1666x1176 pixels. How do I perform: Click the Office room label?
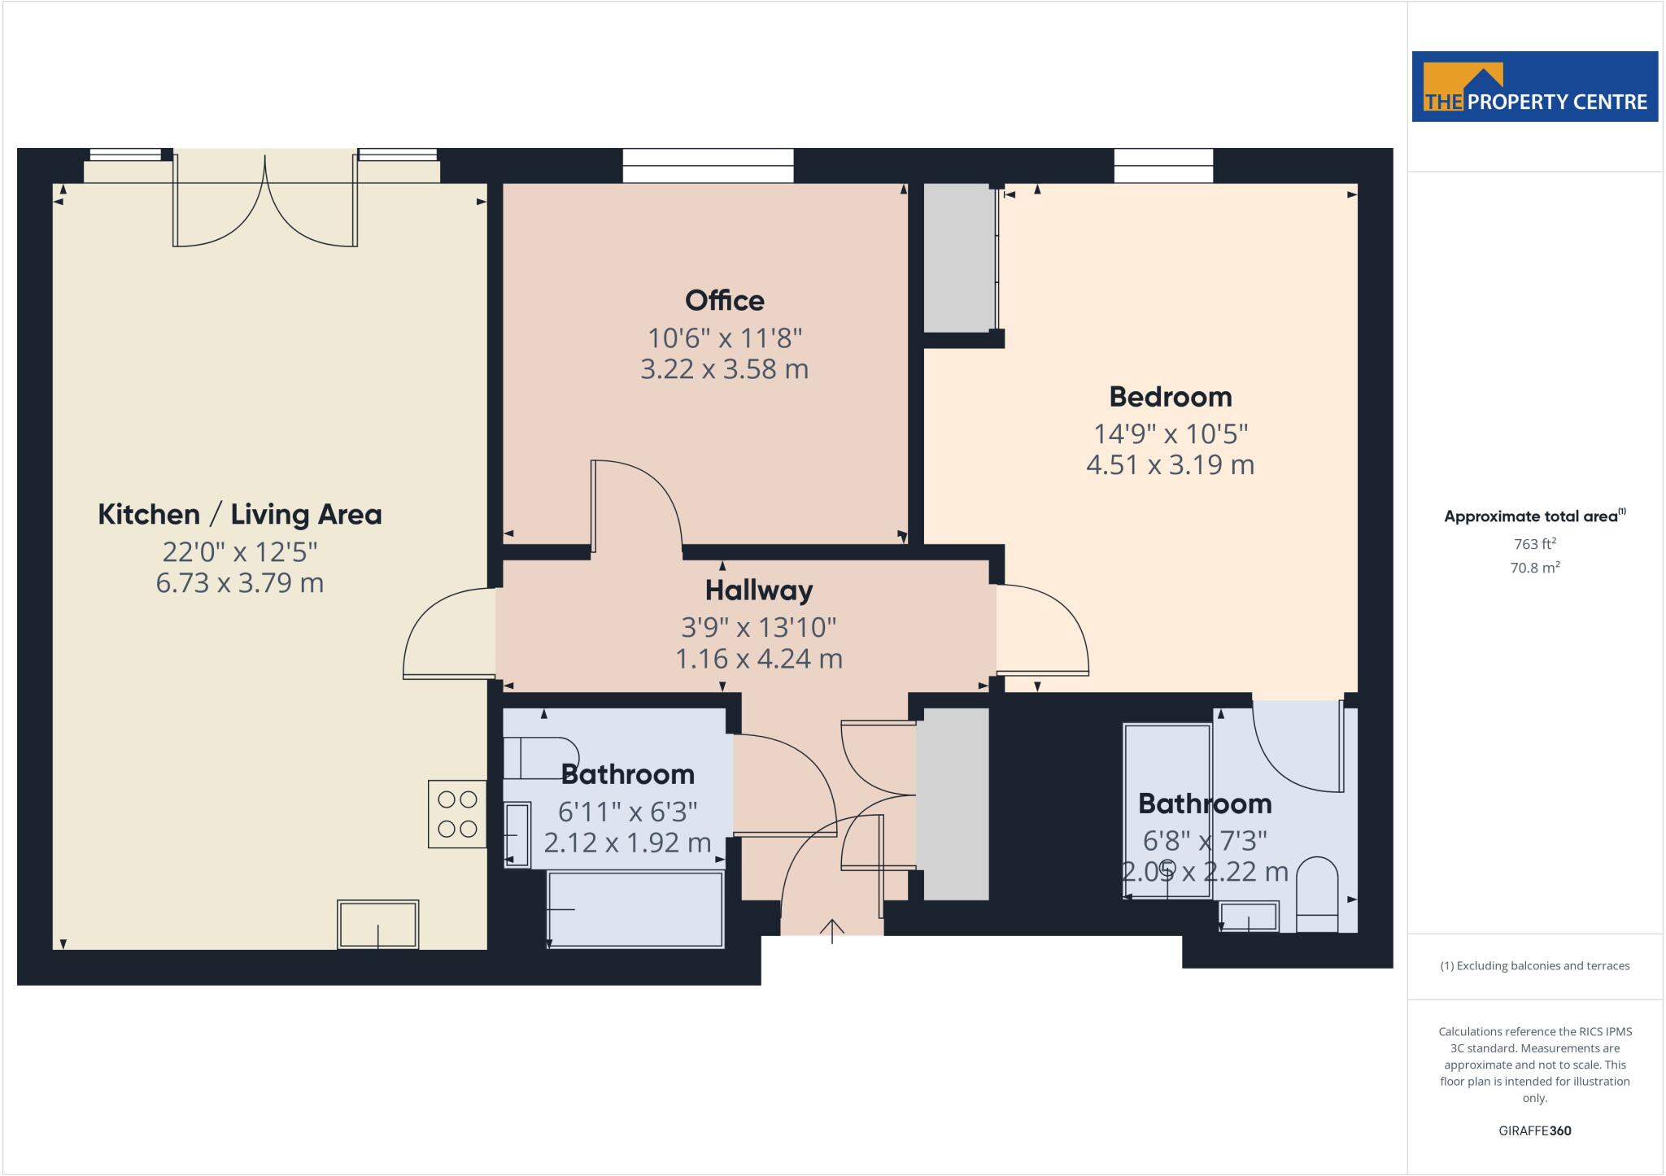pos(724,301)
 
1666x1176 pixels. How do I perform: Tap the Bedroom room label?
pos(1170,397)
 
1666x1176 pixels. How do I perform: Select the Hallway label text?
pos(758,590)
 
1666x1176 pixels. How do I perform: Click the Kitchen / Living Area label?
pos(239,515)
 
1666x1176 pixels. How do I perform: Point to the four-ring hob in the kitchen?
pos(457,814)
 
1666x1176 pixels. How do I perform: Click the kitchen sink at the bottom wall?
pos(378,924)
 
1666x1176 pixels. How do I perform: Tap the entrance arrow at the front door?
pos(831,930)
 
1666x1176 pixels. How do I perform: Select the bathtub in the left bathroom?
pos(635,908)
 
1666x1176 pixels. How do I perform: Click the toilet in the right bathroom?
pos(1316,893)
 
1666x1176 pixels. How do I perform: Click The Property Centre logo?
pos(1534,87)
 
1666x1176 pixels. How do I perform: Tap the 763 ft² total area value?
pos(1534,544)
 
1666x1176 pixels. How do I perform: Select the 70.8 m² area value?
pos(1534,568)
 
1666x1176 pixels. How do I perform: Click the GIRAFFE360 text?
pos(1534,1130)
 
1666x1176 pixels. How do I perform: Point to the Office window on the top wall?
pos(708,165)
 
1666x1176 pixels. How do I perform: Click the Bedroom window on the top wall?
pos(1163,165)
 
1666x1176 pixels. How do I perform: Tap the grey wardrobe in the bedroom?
pos(960,257)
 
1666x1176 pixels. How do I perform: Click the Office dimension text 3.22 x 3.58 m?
pos(724,369)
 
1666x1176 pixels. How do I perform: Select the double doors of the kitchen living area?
pos(265,203)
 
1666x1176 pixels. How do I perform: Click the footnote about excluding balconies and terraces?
pos(1534,966)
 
